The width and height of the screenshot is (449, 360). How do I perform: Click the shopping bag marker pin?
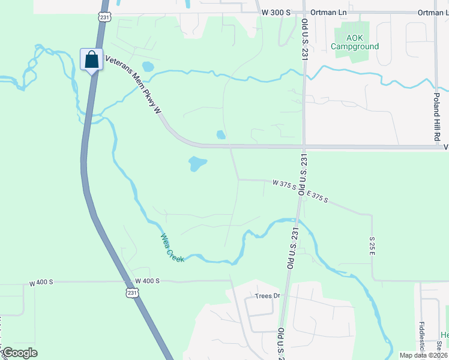91,60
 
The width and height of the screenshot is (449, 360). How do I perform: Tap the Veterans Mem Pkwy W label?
133,84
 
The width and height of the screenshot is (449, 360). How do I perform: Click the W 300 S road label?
276,13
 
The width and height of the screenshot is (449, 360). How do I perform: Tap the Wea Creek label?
172,247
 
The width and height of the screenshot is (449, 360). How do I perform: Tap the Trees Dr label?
268,296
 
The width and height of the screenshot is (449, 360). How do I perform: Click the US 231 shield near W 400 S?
131,292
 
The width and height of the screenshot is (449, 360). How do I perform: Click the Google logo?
19,353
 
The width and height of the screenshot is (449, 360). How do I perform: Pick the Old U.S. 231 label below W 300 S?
304,39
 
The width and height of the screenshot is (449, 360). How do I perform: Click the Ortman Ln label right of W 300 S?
324,13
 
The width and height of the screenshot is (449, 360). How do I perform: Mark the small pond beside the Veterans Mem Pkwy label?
148,66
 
